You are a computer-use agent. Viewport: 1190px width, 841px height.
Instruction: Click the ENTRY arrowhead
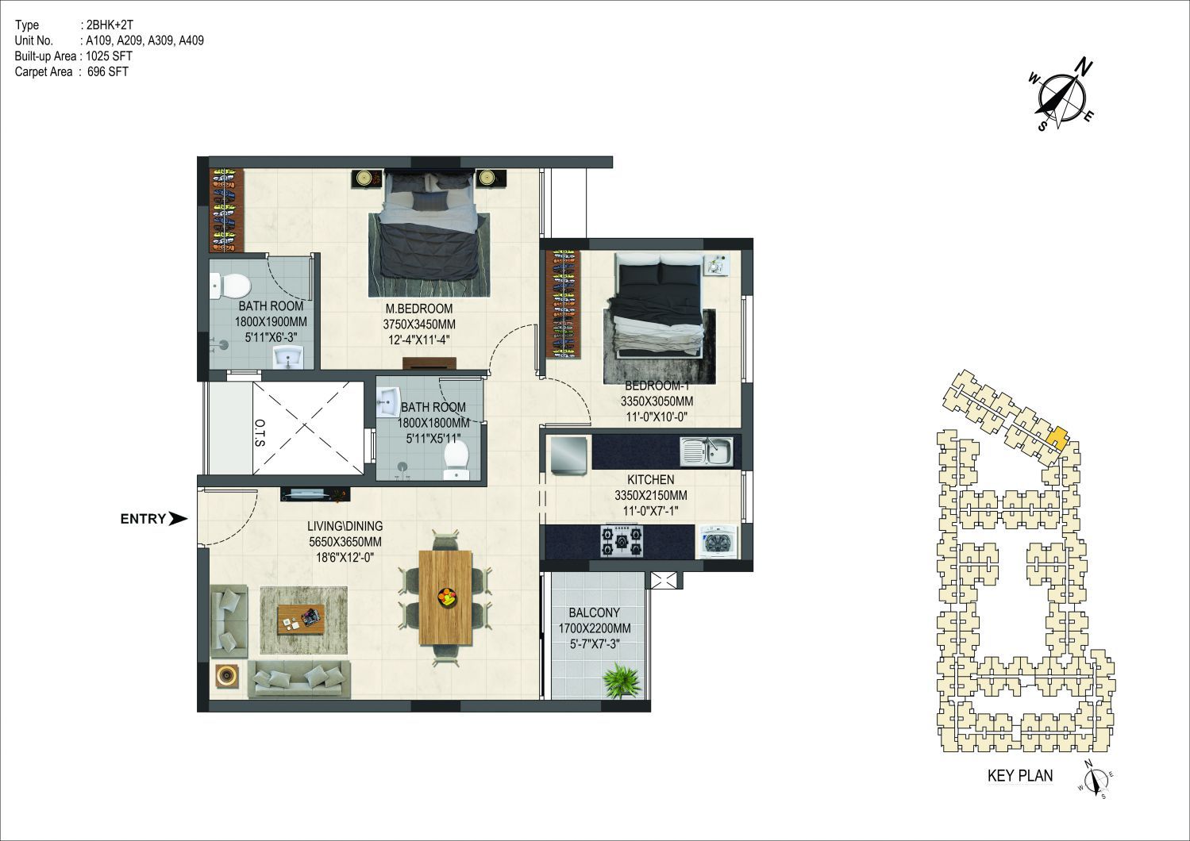[x=178, y=519]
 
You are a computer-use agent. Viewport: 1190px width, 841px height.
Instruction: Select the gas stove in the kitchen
[x=621, y=541]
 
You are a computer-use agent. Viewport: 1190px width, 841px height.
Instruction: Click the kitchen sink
[x=706, y=452]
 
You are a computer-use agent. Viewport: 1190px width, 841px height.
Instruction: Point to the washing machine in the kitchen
[x=717, y=542]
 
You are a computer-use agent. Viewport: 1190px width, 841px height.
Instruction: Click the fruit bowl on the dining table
[x=446, y=597]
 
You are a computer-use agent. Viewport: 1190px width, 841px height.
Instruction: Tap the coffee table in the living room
[x=301, y=619]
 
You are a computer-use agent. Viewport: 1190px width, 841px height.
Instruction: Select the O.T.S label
[x=260, y=433]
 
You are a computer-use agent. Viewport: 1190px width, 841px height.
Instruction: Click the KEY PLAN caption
[x=1020, y=776]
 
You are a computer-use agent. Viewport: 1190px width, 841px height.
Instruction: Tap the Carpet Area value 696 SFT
[x=108, y=71]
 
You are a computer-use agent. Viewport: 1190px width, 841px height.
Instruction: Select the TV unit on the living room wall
[x=314, y=494]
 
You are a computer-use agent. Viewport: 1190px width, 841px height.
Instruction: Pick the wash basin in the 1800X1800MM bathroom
[x=388, y=402]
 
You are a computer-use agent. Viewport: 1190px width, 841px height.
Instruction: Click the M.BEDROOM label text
[x=419, y=309]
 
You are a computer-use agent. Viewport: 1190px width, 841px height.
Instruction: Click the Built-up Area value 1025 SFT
[x=109, y=56]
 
